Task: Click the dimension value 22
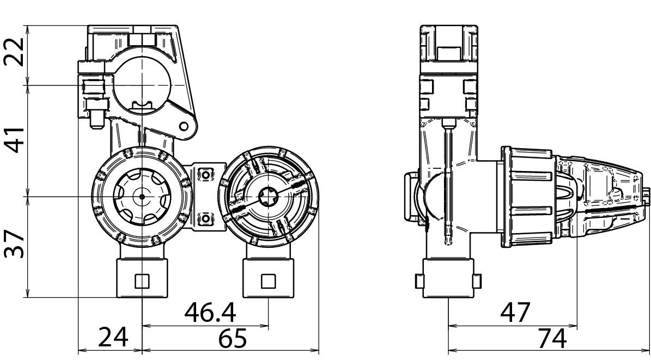(15, 52)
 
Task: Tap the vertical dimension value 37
(15, 244)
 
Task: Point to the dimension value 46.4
(210, 313)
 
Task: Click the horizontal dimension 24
(113, 338)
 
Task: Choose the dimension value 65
(233, 338)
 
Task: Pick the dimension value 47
(515, 313)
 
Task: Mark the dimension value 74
(552, 338)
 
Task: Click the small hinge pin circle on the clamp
(184, 127)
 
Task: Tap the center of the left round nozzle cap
(142, 196)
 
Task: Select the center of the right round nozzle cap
(268, 194)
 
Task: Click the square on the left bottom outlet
(142, 280)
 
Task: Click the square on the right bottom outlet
(268, 280)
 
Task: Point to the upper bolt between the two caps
(205, 174)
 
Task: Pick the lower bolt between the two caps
(205, 219)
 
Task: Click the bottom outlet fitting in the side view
(448, 279)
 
